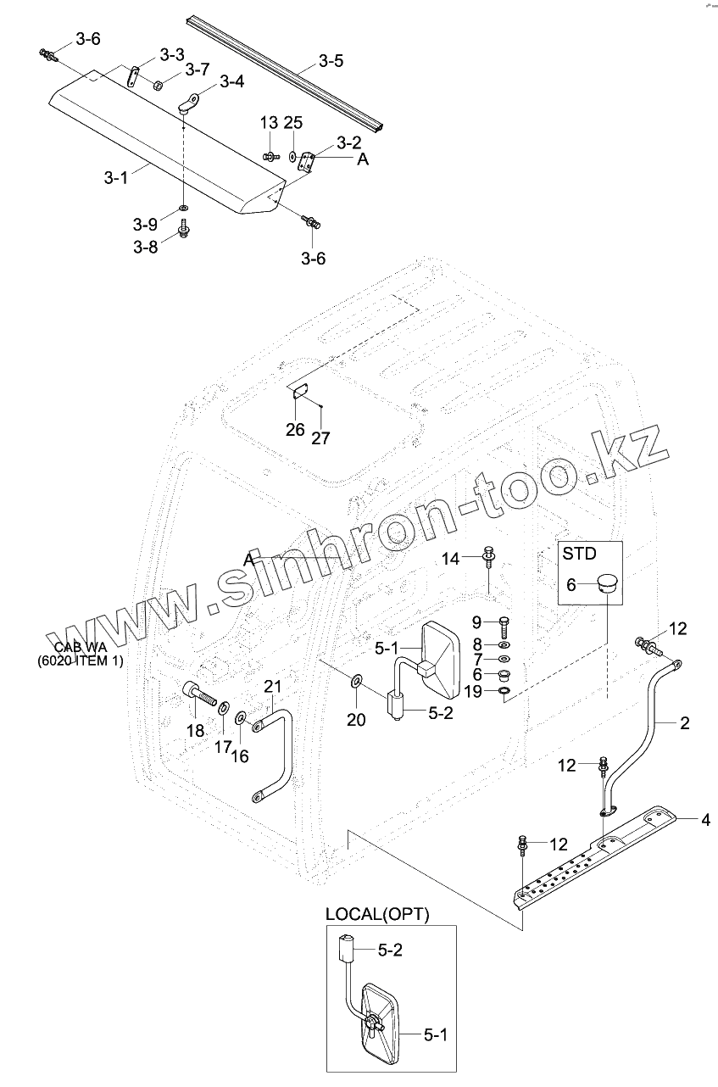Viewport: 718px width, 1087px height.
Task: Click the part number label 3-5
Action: point(331,61)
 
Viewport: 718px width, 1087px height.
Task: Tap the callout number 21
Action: point(271,685)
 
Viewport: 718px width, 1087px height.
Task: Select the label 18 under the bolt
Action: point(195,730)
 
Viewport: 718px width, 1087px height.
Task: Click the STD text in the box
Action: point(579,554)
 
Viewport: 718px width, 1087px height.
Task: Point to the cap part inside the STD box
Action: point(606,584)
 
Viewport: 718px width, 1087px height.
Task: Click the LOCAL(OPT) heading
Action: point(377,915)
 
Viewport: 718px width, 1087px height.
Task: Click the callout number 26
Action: point(295,429)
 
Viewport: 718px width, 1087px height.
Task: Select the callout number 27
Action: point(321,438)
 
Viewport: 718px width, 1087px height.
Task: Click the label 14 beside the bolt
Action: point(450,558)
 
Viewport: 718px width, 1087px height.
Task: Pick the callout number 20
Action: point(356,720)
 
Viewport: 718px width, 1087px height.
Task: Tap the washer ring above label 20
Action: point(355,679)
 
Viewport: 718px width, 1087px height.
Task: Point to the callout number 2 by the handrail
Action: point(684,723)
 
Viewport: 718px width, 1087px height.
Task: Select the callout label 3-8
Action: point(145,247)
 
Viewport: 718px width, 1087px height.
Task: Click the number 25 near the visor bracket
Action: point(292,124)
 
